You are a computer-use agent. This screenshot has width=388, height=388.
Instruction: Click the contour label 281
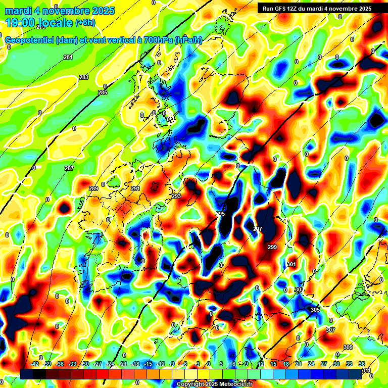click(x=68, y=58)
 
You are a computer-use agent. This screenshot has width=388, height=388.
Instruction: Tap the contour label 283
click(x=84, y=77)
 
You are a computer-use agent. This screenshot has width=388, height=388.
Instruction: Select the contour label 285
click(x=103, y=93)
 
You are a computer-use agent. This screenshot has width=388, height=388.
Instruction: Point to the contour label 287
click(x=69, y=168)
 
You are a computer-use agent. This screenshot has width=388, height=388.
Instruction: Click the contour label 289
click(x=93, y=188)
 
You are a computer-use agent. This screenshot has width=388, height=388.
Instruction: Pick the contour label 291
click(x=135, y=188)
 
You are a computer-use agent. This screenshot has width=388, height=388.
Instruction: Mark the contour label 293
click(x=176, y=196)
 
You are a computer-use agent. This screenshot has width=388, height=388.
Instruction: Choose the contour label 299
click(x=272, y=247)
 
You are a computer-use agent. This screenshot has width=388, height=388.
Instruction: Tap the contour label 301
click(x=291, y=264)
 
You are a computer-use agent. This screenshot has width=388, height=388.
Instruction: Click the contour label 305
click(x=315, y=310)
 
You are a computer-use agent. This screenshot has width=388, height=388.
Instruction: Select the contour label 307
click(x=330, y=330)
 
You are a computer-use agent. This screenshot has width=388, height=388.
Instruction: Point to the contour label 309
click(x=348, y=347)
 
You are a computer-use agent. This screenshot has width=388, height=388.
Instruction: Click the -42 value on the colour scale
click(x=35, y=364)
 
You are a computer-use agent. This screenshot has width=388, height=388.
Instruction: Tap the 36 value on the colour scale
click(x=362, y=364)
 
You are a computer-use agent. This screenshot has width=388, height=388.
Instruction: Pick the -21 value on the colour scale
click(x=122, y=364)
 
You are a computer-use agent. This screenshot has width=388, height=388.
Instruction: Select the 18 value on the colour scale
click(x=285, y=364)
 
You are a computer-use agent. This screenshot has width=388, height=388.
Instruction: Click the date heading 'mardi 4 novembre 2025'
click(x=60, y=11)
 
